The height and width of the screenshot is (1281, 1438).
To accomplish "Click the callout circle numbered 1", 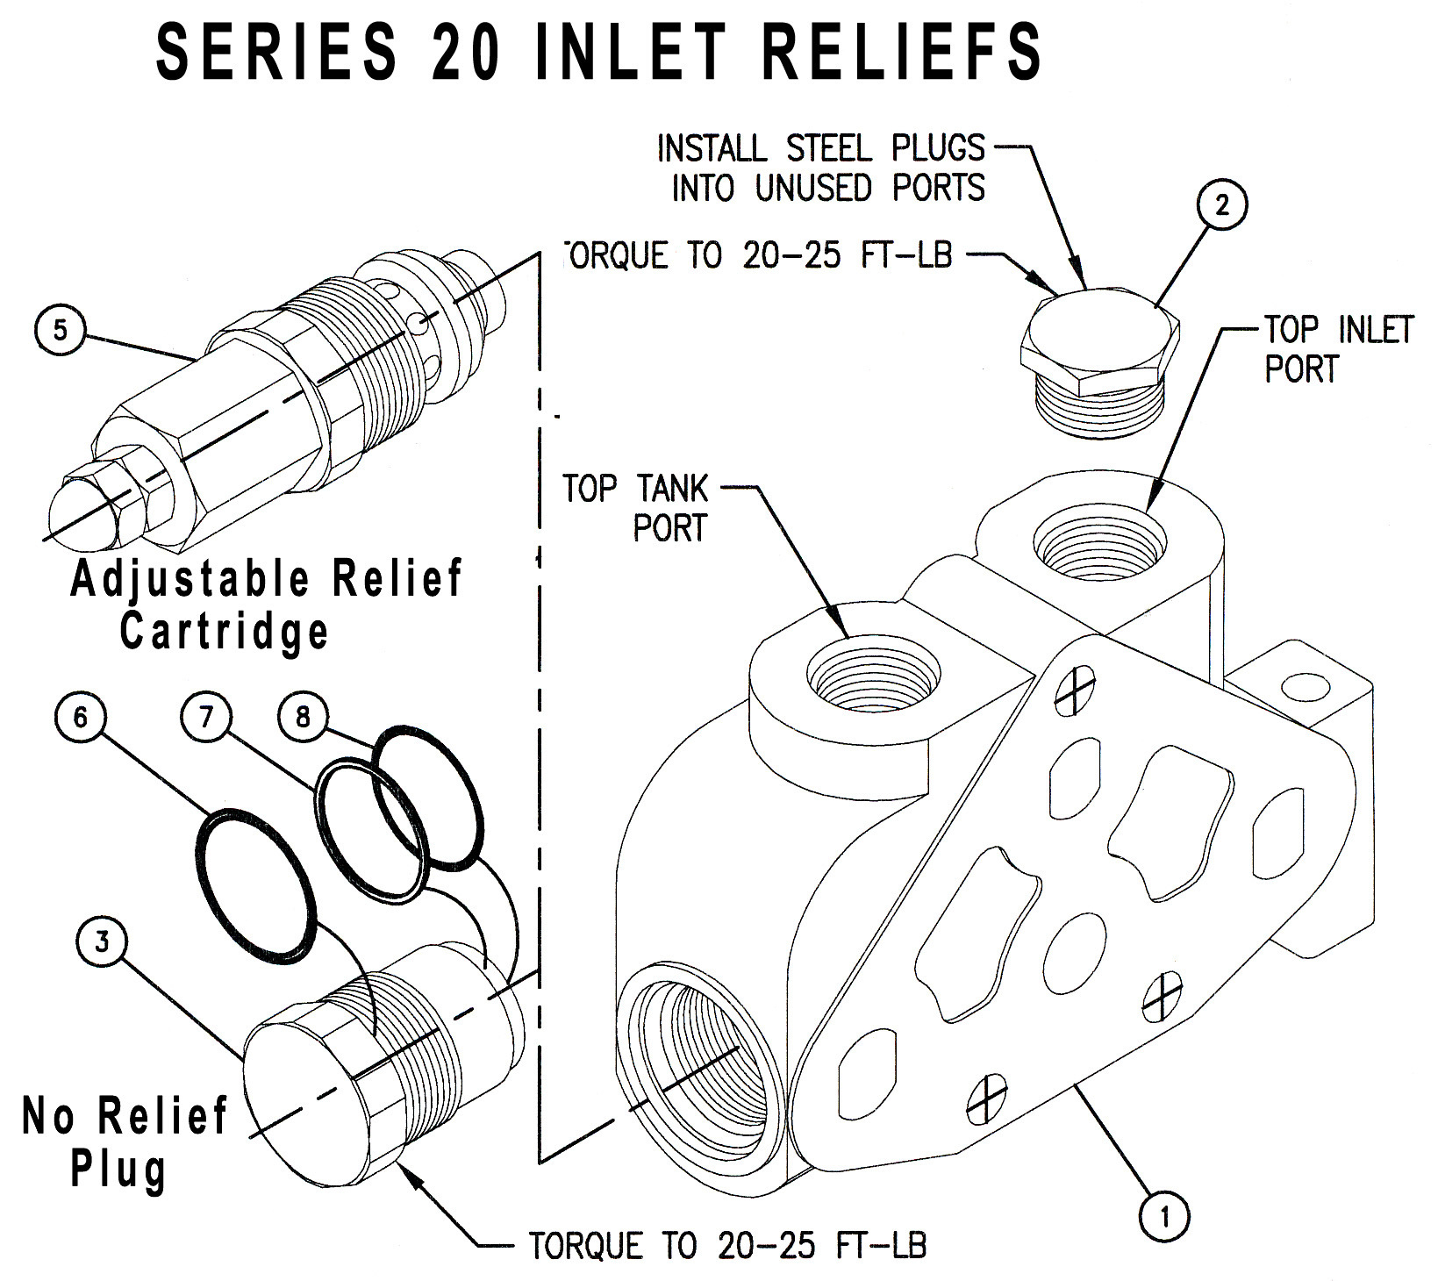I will pos(1165,1216).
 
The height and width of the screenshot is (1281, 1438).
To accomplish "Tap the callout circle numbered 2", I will pos(1221,204).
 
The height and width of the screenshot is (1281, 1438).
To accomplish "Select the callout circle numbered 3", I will pos(103,941).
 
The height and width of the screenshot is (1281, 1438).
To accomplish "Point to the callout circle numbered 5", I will pos(60,330).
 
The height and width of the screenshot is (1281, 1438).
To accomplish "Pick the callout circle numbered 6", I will pos(80,718).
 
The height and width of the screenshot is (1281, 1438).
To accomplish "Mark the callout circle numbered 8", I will pos(304,718).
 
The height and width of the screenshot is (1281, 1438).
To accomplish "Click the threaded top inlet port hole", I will pos(1100,544).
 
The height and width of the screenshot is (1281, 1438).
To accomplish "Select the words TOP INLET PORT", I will pos(1336,349).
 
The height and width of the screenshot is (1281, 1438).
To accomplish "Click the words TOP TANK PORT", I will pos(635,508).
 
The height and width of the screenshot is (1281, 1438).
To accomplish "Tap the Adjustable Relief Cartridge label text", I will pos(265,605).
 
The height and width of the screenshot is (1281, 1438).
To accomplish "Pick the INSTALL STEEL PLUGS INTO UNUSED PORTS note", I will pos(821,168).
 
